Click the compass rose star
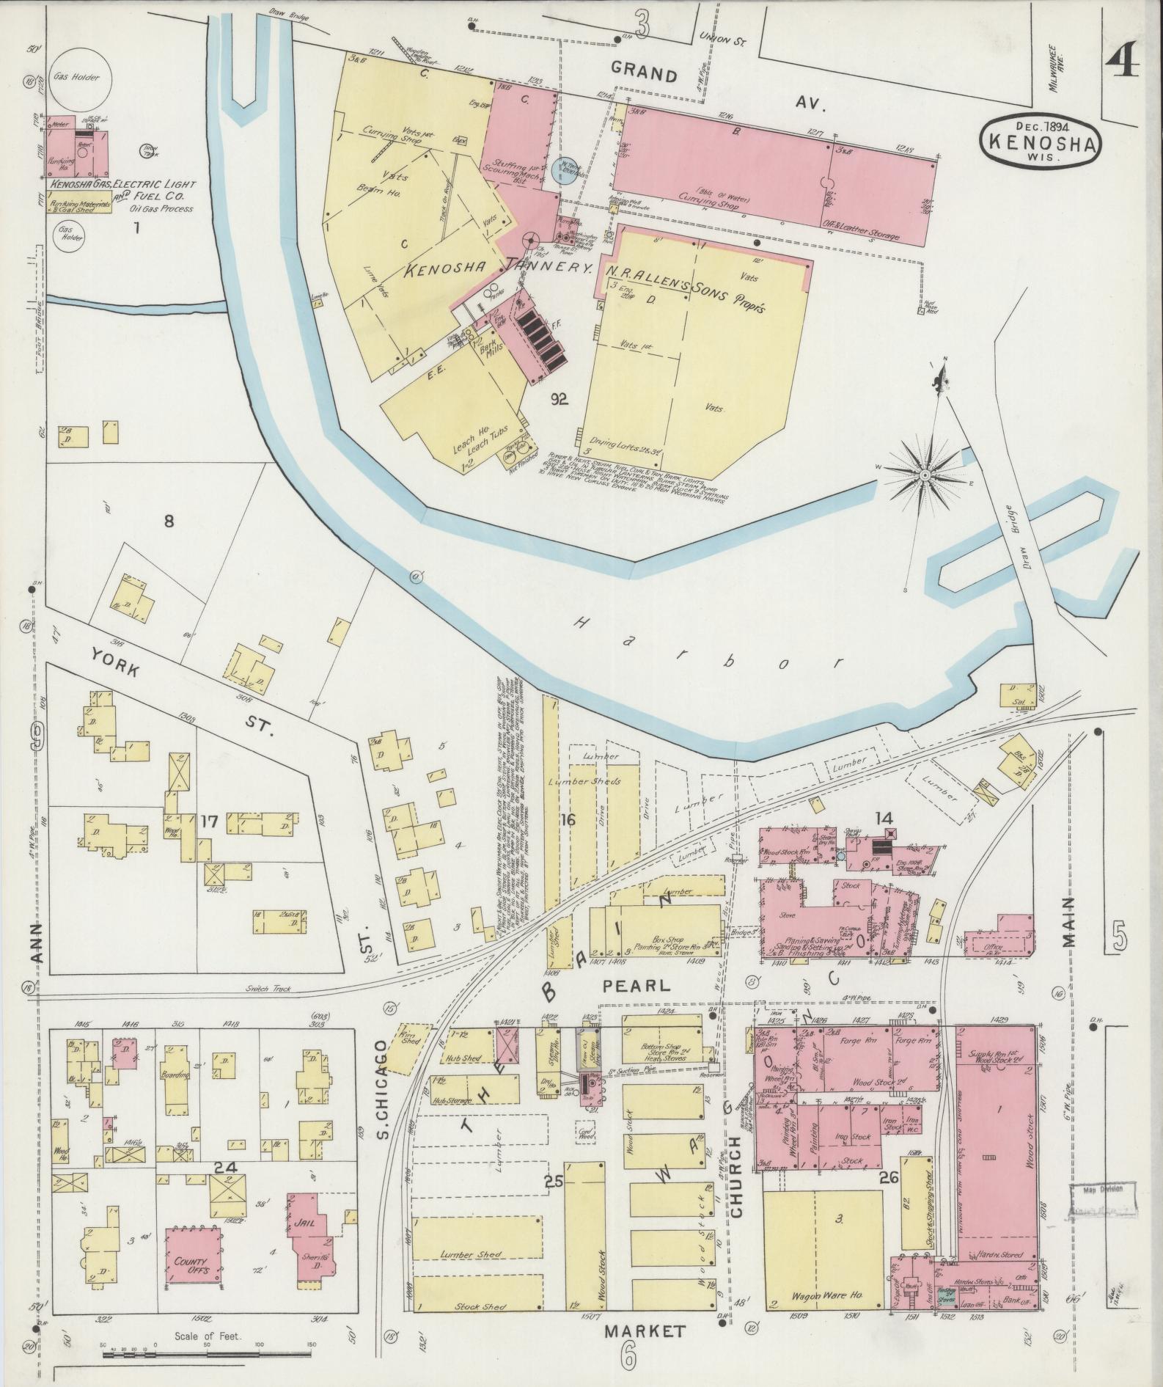[925, 475]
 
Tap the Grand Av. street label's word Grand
[644, 73]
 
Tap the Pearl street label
[636, 986]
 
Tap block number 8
[169, 522]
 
